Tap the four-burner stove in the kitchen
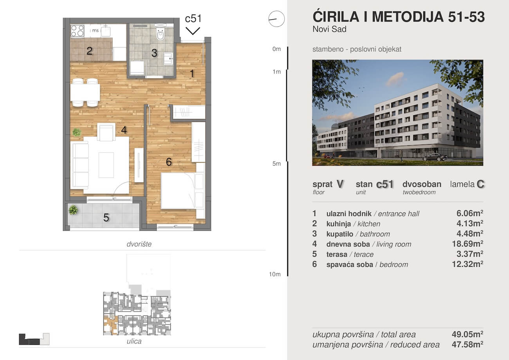click(x=77, y=31)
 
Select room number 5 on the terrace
click(x=106, y=218)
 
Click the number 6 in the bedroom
click(x=169, y=162)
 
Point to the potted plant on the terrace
click(x=73, y=210)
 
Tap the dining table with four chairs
click(x=85, y=92)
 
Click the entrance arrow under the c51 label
click(x=193, y=31)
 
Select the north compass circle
click(x=276, y=19)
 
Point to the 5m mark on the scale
click(x=276, y=164)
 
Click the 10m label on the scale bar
click(x=275, y=274)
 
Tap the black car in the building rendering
click(x=435, y=157)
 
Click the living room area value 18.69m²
click(x=467, y=244)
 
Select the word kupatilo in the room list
click(x=340, y=234)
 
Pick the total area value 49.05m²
click(x=467, y=334)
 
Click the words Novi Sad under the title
click(x=330, y=29)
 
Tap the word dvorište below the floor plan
click(x=139, y=244)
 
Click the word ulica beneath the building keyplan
click(x=134, y=341)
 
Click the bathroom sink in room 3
click(x=168, y=58)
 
